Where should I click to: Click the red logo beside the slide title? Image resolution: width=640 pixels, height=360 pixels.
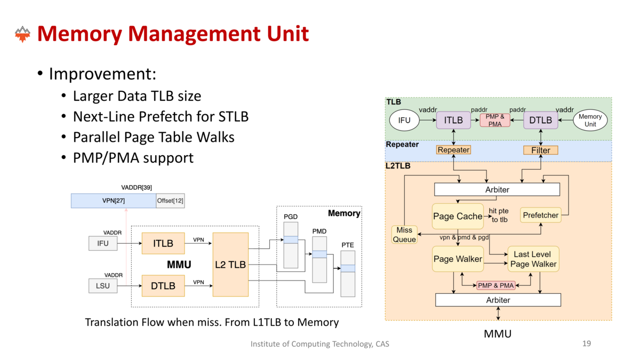(x=22, y=34)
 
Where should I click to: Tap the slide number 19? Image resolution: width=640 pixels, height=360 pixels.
(x=586, y=343)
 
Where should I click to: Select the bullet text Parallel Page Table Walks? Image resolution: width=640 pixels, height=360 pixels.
(x=154, y=137)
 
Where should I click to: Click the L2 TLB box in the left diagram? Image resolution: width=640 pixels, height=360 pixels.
(x=230, y=265)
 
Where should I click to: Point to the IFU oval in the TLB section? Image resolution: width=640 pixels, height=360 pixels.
(x=404, y=120)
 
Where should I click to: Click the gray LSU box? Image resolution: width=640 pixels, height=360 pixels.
(x=102, y=286)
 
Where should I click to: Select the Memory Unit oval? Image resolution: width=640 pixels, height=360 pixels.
(x=590, y=120)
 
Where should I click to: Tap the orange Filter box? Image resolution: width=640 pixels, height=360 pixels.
(x=540, y=150)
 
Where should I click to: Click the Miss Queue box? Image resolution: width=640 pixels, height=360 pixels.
(x=404, y=235)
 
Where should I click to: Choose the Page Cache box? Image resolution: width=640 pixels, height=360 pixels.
(x=458, y=216)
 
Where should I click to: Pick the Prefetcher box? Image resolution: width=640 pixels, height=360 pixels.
(x=540, y=215)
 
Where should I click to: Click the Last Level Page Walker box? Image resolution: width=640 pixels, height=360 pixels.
(x=533, y=259)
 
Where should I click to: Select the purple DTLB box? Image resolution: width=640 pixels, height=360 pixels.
(x=540, y=120)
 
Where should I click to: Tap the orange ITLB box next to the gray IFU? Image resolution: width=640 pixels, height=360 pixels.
(x=163, y=243)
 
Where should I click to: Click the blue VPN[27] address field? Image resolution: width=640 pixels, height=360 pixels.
(x=113, y=201)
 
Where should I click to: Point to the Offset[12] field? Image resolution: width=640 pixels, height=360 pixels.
(x=170, y=201)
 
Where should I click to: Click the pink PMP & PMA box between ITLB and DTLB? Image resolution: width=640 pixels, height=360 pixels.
(x=495, y=120)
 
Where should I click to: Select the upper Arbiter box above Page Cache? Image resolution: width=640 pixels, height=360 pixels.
(x=497, y=189)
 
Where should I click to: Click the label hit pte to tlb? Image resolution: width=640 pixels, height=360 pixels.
(x=500, y=215)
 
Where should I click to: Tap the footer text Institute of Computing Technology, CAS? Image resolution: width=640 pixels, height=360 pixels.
(x=319, y=344)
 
